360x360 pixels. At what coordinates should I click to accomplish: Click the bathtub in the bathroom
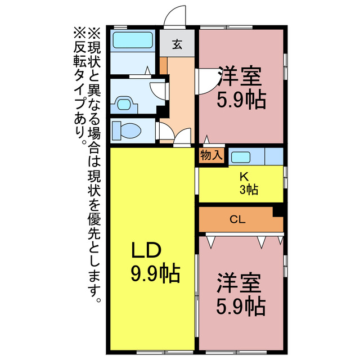[133, 40]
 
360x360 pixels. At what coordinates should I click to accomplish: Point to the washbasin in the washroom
[125, 103]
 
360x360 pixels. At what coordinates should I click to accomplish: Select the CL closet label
[237, 220]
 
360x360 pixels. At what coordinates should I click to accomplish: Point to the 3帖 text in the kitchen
[248, 190]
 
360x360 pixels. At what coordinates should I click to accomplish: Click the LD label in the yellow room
[147, 249]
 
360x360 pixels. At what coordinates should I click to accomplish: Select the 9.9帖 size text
[155, 273]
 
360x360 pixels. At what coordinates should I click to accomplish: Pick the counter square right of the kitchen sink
[273, 156]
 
